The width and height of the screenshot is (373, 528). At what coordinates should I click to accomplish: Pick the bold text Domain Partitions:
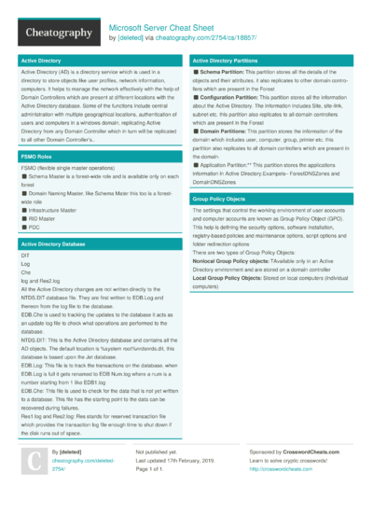(x=228, y=132)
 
